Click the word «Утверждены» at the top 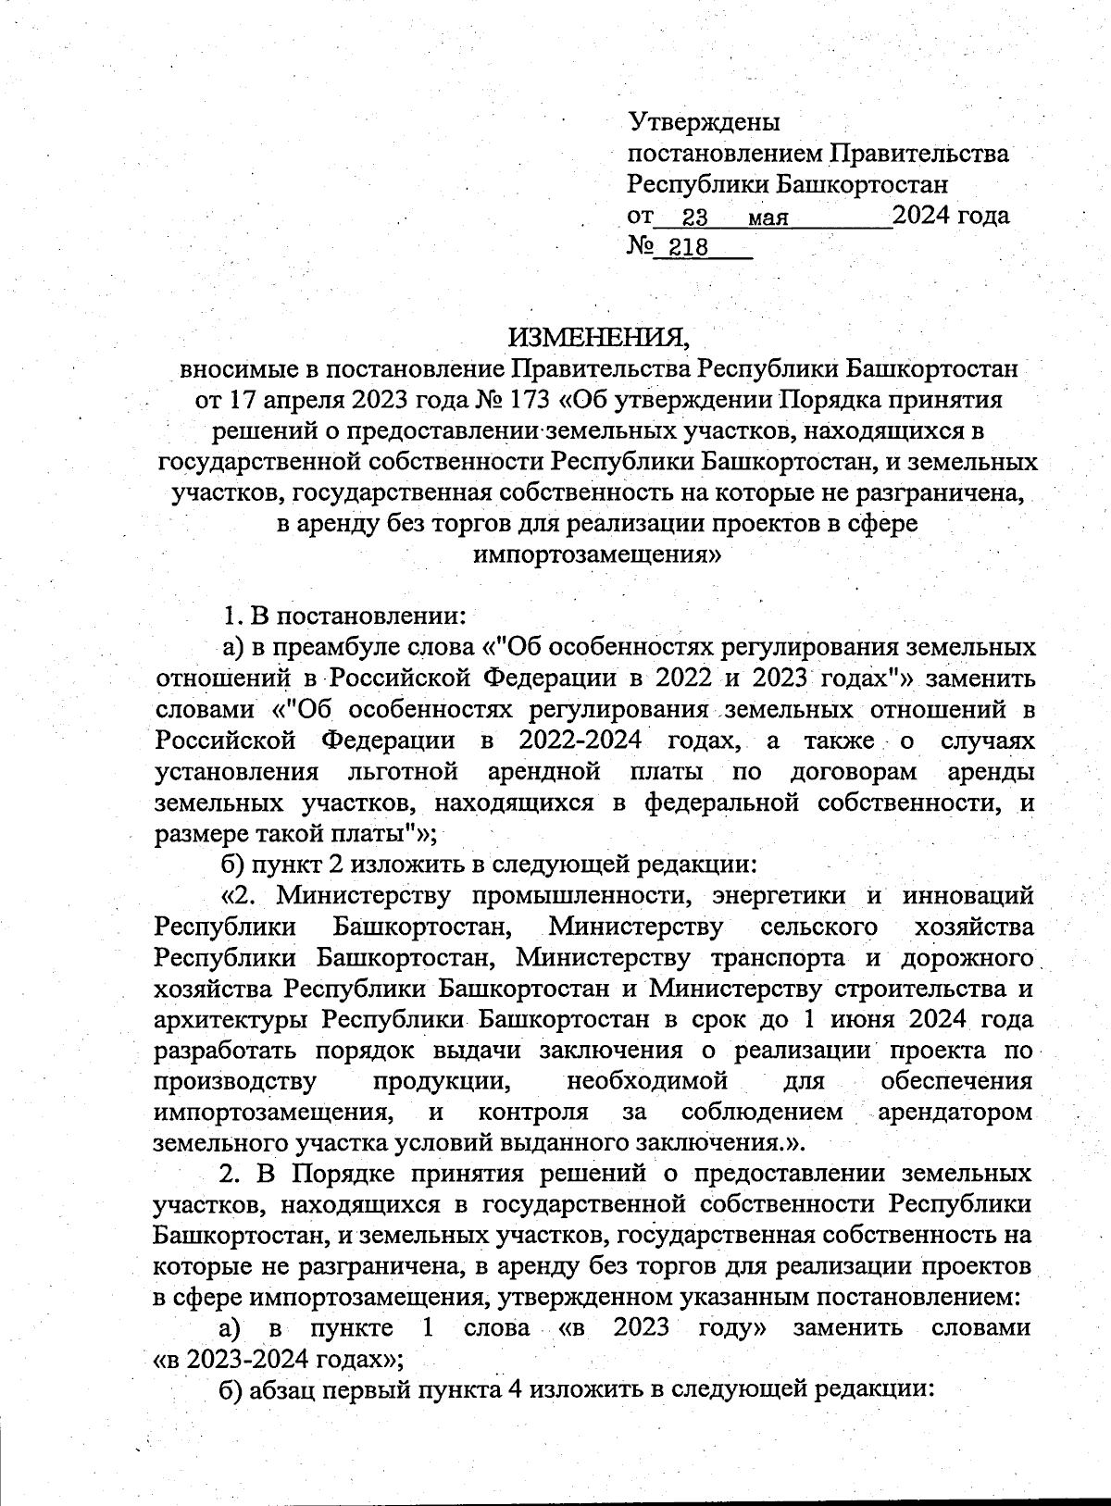pyautogui.click(x=705, y=121)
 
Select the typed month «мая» pyautogui.click(x=768, y=218)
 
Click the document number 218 pyautogui.click(x=687, y=248)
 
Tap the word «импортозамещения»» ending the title pyautogui.click(x=597, y=554)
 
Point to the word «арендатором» pyautogui.click(x=954, y=1112)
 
